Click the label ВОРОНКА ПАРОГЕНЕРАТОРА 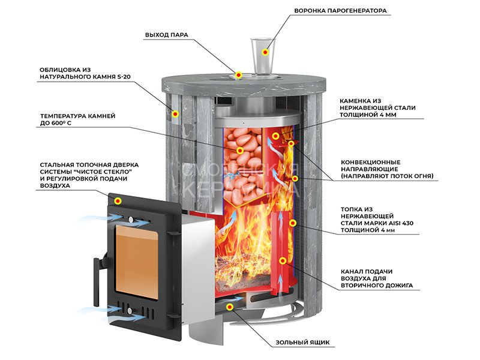click(x=340, y=11)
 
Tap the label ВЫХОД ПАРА click(x=167, y=35)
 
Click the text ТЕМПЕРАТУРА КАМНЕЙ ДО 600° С click(x=77, y=119)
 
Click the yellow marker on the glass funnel click(x=265, y=52)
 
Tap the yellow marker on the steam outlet click(x=239, y=75)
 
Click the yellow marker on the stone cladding click(x=175, y=112)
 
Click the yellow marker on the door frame click(x=119, y=200)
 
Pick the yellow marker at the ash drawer click(x=230, y=307)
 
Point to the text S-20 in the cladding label click(x=124, y=77)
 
